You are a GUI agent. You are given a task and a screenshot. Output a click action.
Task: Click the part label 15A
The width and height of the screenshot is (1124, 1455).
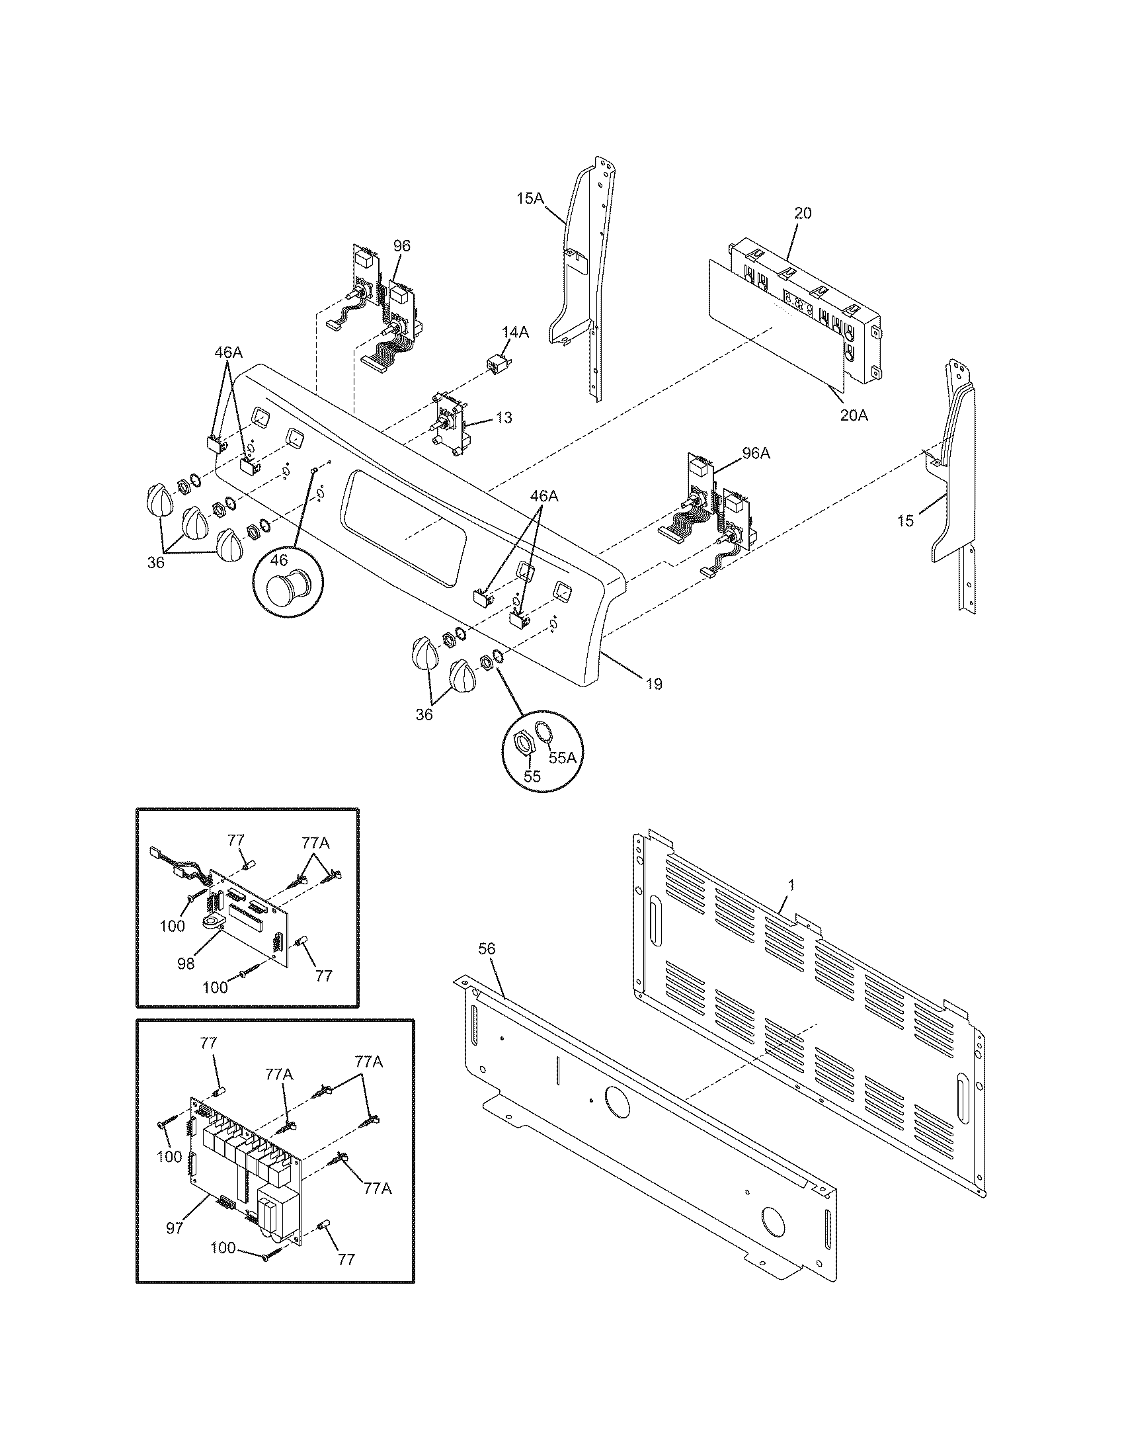tap(530, 198)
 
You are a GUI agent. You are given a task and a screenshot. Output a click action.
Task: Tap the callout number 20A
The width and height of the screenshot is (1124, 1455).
tap(854, 415)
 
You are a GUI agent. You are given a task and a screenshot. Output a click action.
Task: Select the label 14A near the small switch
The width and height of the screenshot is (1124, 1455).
tap(516, 333)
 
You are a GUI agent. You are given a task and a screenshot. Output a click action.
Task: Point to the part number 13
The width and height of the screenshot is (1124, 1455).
tap(504, 418)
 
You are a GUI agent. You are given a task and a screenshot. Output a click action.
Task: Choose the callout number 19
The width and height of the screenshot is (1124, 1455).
tap(654, 684)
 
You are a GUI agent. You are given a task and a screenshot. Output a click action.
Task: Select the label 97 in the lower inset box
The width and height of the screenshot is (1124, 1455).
tap(175, 1228)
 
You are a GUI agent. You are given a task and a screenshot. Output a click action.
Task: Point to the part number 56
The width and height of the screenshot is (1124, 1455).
tap(487, 948)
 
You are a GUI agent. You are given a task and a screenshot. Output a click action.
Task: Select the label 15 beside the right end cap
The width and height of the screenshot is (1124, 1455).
tap(906, 520)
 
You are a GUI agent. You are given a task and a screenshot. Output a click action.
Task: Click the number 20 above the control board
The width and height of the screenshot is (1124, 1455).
tap(803, 213)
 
